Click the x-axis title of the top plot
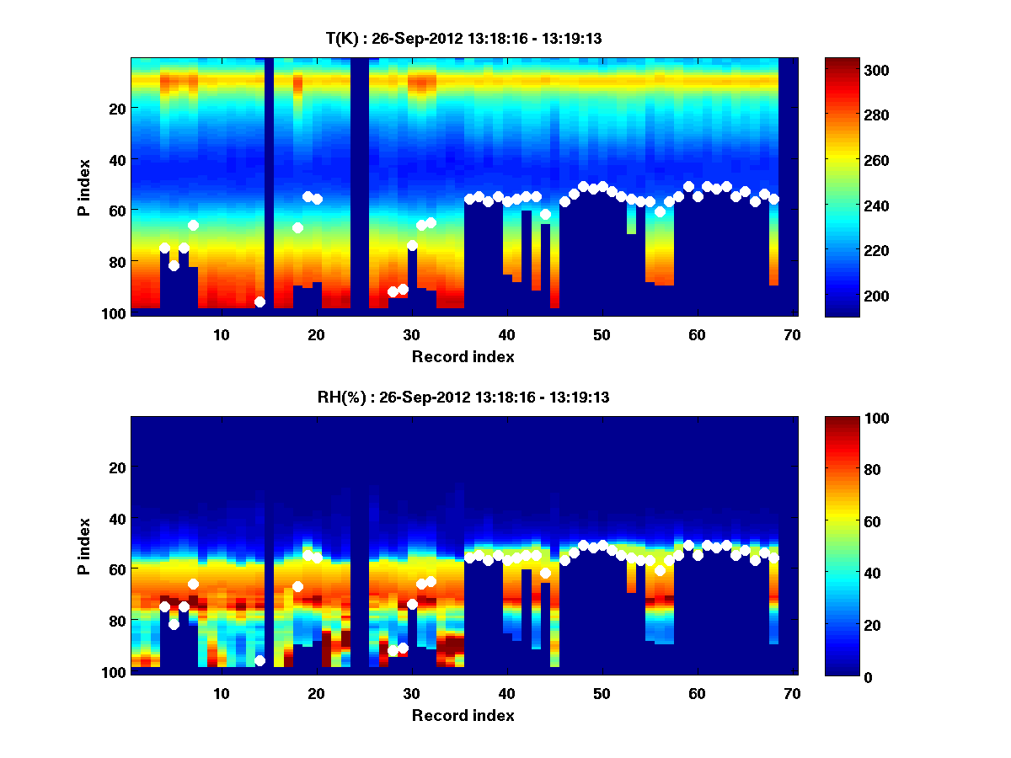(x=463, y=356)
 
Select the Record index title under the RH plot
(x=463, y=715)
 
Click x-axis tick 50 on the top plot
(x=602, y=334)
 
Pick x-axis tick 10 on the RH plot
(x=221, y=693)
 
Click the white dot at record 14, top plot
(x=259, y=302)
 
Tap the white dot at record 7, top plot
(x=193, y=225)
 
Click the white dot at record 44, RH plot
(x=545, y=573)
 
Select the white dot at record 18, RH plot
(x=297, y=586)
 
